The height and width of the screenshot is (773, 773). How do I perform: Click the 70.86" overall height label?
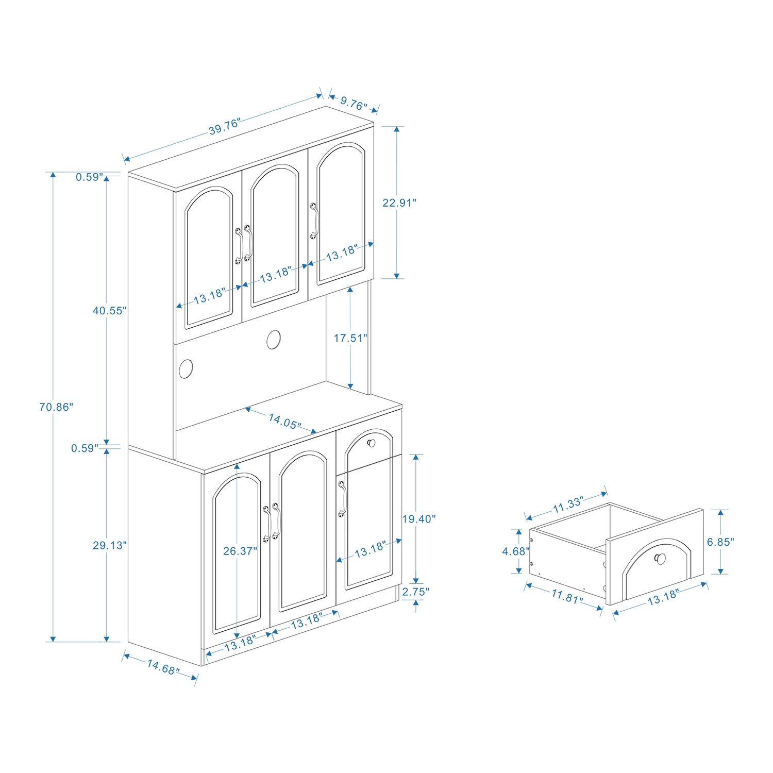tap(56, 407)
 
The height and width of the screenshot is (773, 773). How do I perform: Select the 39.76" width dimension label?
tap(225, 126)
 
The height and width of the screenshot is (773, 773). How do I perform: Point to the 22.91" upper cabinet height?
tap(399, 203)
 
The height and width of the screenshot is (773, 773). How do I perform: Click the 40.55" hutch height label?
tap(109, 310)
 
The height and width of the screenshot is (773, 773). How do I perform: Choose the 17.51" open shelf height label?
tap(350, 338)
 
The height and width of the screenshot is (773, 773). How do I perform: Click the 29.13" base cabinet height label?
tap(109, 545)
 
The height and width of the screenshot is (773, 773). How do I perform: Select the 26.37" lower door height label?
tap(240, 551)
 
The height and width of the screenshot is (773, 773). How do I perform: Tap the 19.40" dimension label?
tap(419, 519)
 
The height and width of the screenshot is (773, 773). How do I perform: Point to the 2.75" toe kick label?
tap(416, 592)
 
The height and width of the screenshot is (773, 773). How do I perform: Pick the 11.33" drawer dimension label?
tap(568, 505)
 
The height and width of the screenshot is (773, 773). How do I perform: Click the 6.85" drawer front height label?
tap(720, 542)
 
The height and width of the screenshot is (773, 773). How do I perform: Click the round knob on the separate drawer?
tap(660, 559)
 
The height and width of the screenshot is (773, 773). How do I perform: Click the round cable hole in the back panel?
tap(274, 340)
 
